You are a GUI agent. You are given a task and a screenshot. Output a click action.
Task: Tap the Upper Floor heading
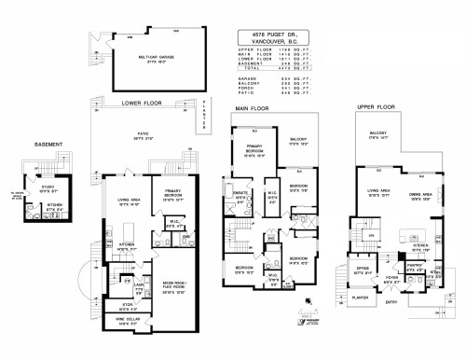pyautogui.click(x=378, y=107)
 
